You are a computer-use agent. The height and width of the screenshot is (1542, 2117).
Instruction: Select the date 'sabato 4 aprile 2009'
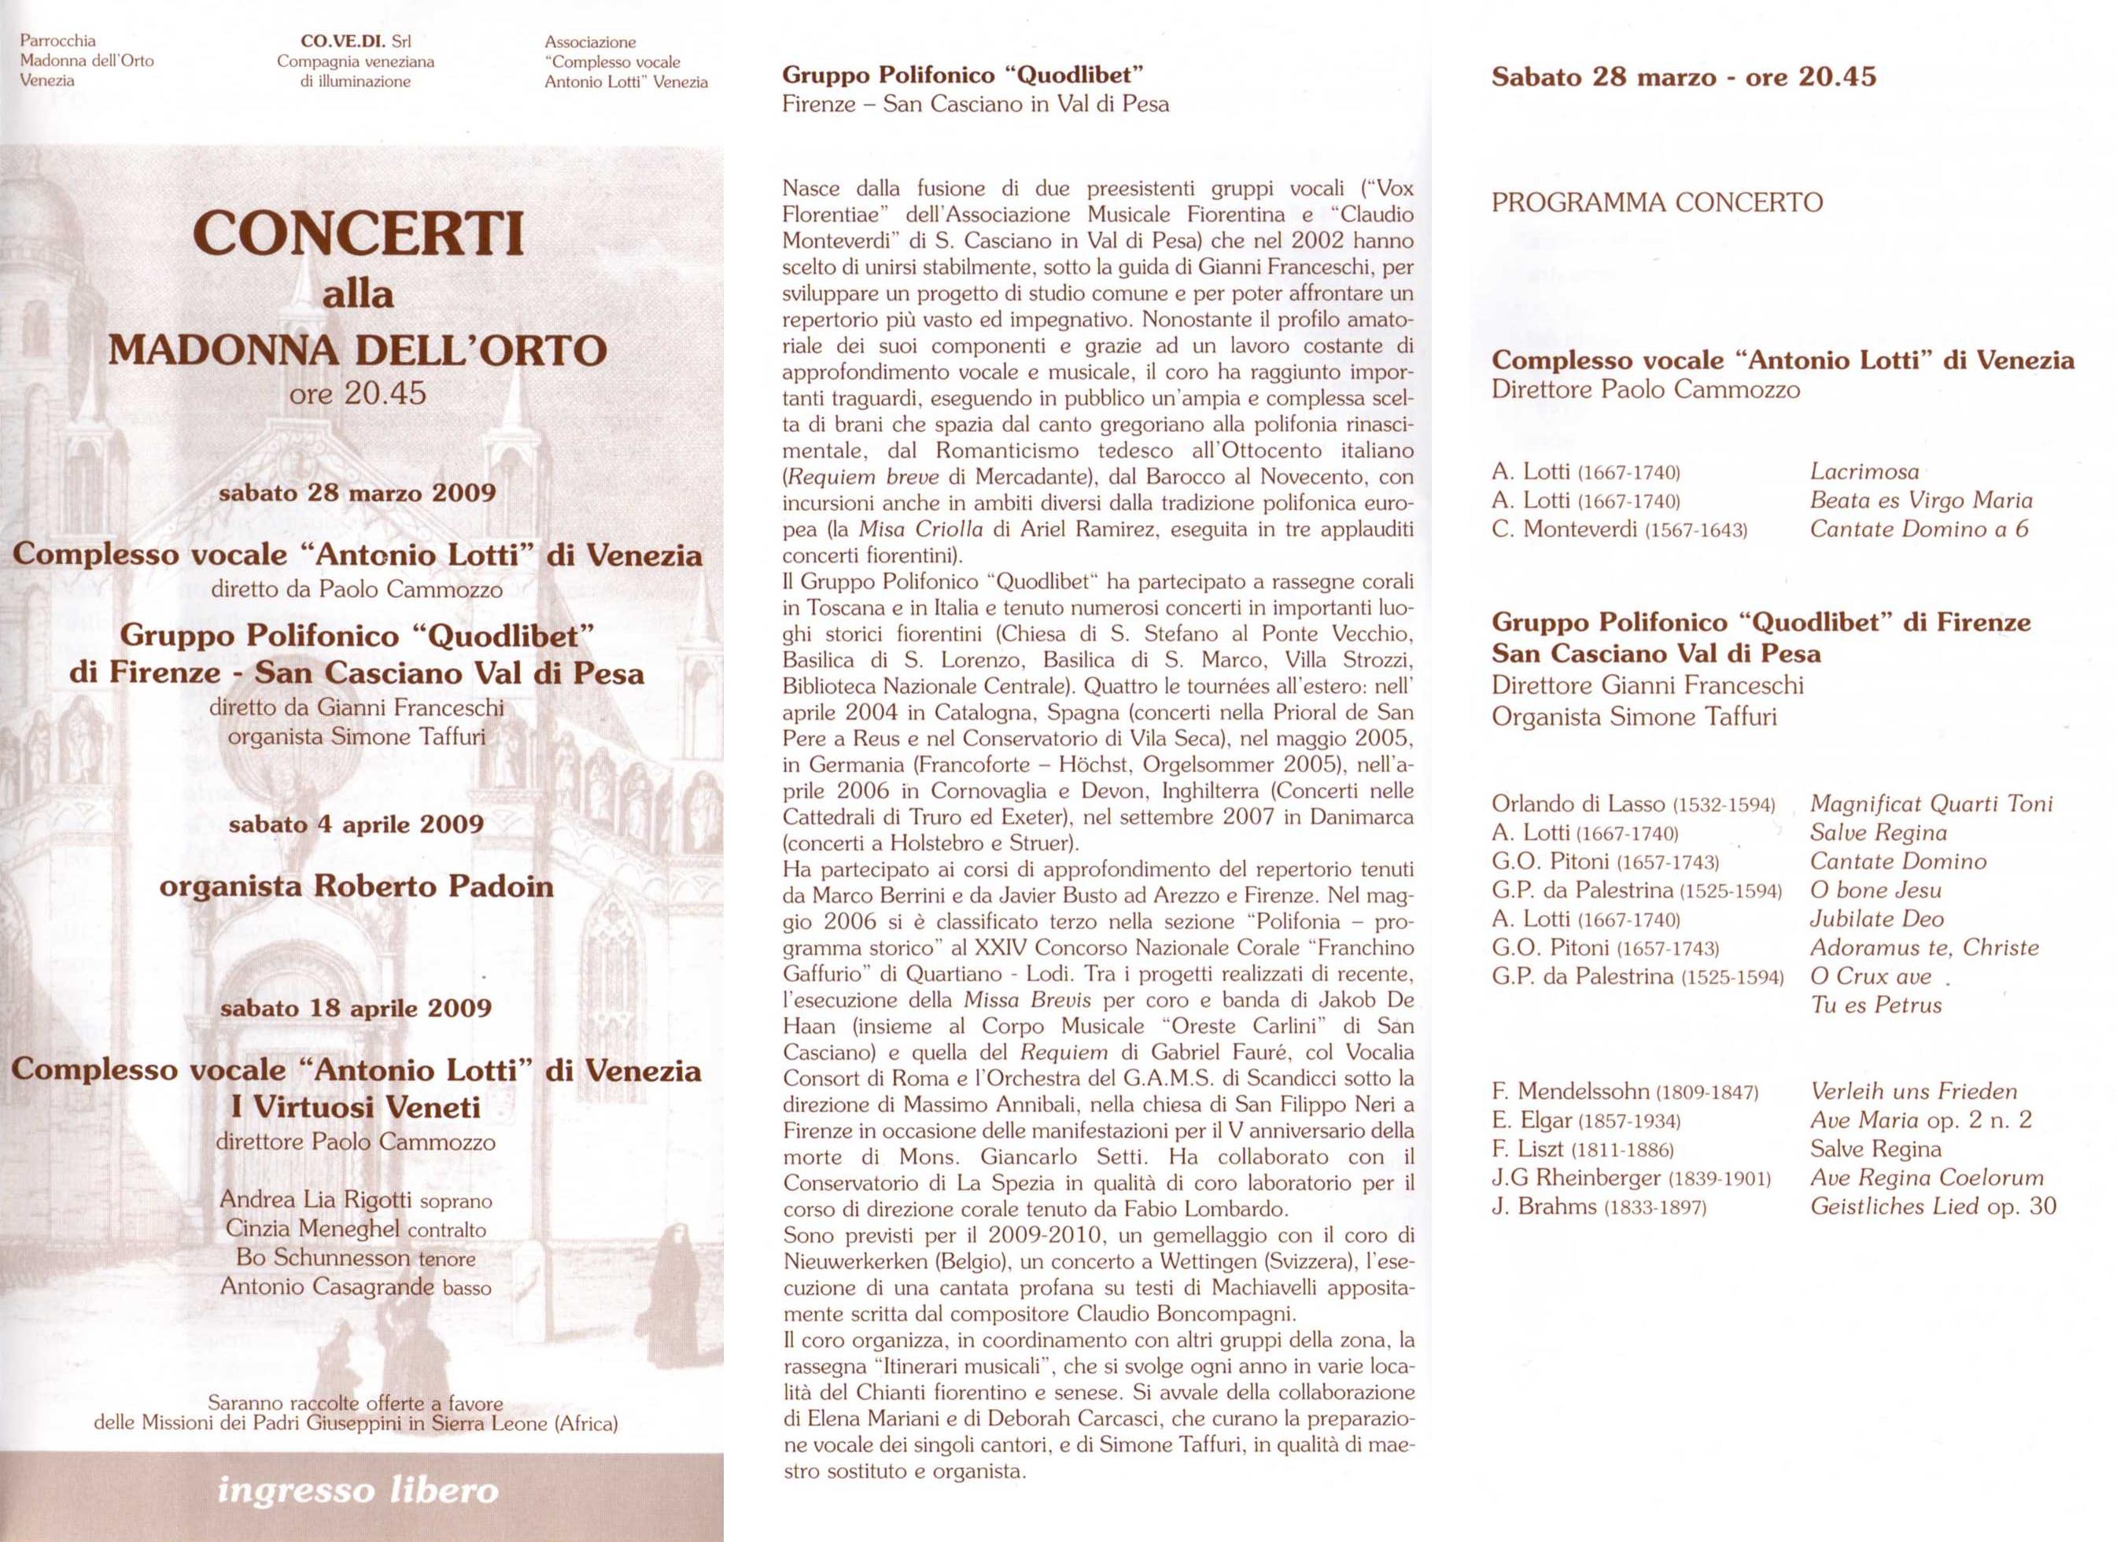click(x=356, y=825)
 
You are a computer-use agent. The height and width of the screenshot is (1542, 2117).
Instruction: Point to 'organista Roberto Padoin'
click(x=356, y=886)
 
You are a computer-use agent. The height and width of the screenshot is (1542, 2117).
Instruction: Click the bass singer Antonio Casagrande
click(x=327, y=1287)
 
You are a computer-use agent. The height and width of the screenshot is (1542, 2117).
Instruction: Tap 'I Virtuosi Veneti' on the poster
click(x=356, y=1108)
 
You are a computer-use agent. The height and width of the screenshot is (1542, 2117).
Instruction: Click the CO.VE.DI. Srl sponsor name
click(x=356, y=41)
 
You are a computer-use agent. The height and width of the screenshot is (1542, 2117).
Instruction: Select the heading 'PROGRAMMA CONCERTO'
click(x=1657, y=202)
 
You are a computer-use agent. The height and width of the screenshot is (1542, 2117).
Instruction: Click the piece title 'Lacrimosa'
click(x=1864, y=472)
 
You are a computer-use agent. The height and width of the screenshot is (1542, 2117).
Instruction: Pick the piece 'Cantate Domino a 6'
click(x=1919, y=529)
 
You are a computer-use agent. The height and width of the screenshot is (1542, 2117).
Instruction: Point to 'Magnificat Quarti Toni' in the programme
click(x=1931, y=804)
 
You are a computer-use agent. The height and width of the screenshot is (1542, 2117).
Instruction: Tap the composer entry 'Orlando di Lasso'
click(x=1578, y=804)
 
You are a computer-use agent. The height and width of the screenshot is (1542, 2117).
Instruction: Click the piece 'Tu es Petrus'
click(x=1876, y=1005)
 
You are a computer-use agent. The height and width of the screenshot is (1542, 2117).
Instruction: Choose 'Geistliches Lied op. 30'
click(x=1933, y=1207)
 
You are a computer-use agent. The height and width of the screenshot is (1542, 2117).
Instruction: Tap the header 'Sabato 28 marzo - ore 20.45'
click(x=1683, y=76)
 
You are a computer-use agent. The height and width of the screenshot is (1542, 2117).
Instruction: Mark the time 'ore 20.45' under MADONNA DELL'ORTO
click(x=357, y=394)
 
